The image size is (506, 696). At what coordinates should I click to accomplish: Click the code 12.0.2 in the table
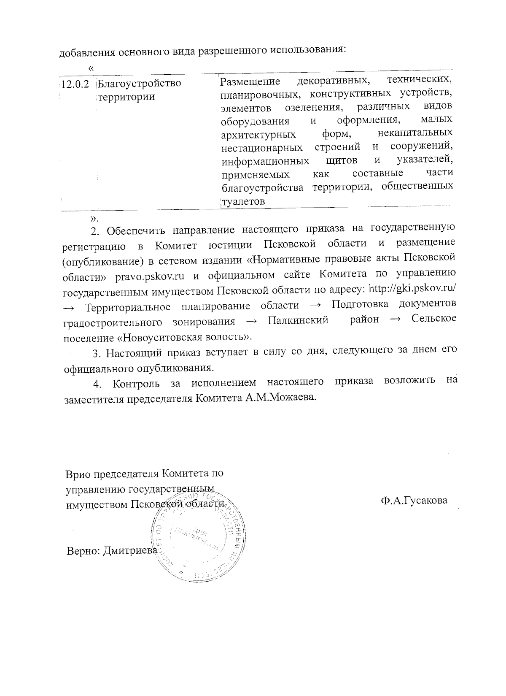(75, 83)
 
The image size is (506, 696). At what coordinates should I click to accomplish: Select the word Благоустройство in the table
(139, 83)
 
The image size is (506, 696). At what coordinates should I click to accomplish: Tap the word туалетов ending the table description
(243, 201)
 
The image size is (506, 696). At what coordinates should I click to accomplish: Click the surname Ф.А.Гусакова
(413, 501)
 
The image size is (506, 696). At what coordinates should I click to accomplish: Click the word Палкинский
(298, 321)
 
